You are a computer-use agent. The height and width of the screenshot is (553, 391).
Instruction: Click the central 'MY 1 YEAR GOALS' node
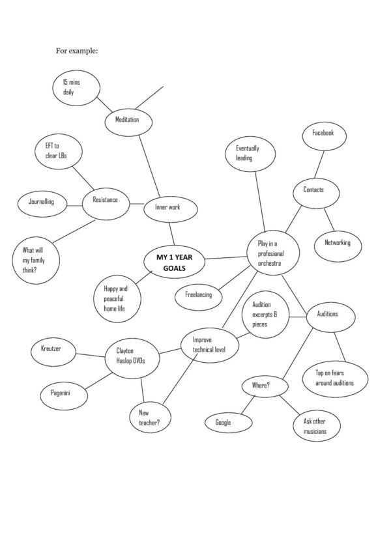tap(175, 262)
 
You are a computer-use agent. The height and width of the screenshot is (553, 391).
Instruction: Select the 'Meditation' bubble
tap(128, 121)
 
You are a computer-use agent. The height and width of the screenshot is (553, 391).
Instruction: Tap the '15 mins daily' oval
tap(76, 88)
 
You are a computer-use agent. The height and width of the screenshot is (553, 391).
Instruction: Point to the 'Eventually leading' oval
tap(250, 154)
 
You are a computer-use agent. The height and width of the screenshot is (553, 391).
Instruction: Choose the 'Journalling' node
tap(42, 204)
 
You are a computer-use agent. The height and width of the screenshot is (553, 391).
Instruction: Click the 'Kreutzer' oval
tap(53, 352)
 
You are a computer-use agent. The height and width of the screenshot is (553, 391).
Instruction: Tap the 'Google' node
tap(229, 423)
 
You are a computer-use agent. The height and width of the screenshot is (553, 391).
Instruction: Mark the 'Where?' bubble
tap(265, 386)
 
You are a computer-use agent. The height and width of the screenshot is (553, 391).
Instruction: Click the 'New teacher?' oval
tap(151, 418)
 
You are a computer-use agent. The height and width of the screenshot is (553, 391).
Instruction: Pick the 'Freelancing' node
tap(198, 296)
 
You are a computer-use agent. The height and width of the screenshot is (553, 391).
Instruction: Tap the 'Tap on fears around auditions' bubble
tap(335, 379)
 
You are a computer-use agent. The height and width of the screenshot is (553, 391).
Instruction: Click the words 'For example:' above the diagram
tap(77, 51)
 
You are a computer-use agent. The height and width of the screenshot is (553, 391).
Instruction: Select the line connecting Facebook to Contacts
tap(319, 165)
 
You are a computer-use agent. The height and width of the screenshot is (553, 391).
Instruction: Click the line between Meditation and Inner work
tap(149, 166)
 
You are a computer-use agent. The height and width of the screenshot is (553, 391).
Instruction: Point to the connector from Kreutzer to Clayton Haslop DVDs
tap(91, 355)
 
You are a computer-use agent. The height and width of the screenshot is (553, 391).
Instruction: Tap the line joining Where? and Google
tap(248, 404)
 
